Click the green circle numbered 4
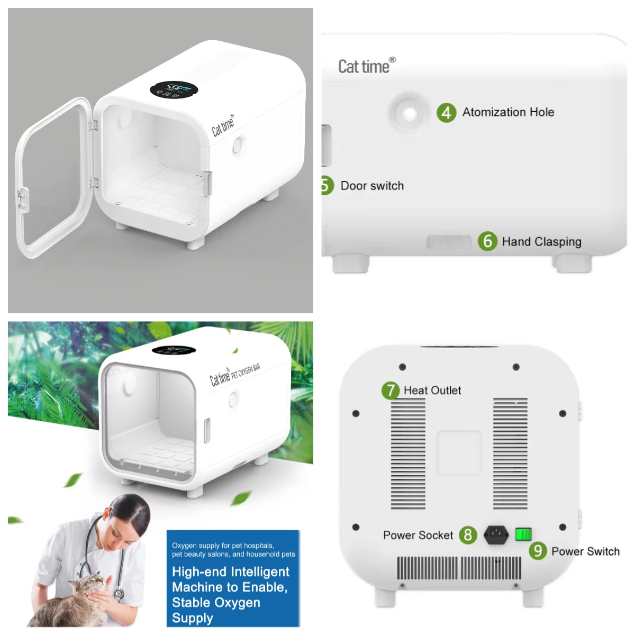pyautogui.click(x=446, y=112)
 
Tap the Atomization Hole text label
pyautogui.click(x=508, y=112)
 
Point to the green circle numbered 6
pyautogui.click(x=487, y=241)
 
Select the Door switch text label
pyautogui.click(x=372, y=186)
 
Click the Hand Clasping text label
pyautogui.click(x=541, y=242)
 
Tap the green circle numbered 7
pyautogui.click(x=391, y=391)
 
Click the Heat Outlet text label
pyautogui.click(x=432, y=391)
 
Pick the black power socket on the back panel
pyautogui.click(x=496, y=534)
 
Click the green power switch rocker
pyautogui.click(x=523, y=534)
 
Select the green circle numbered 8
pyautogui.click(x=467, y=535)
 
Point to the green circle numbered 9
pyautogui.click(x=538, y=551)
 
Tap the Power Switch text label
pyautogui.click(x=585, y=551)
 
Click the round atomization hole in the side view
pyautogui.click(x=409, y=113)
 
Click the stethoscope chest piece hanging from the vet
pyautogui.click(x=119, y=594)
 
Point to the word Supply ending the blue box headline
pyautogui.click(x=193, y=618)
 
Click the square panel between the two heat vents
pyautogui.click(x=459, y=453)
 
